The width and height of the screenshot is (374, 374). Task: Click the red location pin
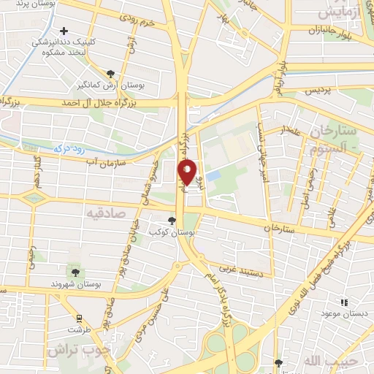188,171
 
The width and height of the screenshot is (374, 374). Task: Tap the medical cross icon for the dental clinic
64,31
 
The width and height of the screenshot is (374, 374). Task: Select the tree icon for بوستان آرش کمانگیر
110,74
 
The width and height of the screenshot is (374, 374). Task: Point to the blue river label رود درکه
69,148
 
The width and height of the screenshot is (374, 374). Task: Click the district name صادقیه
107,213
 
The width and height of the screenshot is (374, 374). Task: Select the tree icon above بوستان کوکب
172,219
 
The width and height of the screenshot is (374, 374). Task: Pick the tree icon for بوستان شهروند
75,272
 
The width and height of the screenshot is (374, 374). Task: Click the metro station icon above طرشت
76,317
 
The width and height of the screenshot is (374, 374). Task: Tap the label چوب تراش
73,349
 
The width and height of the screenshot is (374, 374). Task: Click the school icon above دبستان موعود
344,301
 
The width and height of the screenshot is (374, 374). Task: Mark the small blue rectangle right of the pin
213,176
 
